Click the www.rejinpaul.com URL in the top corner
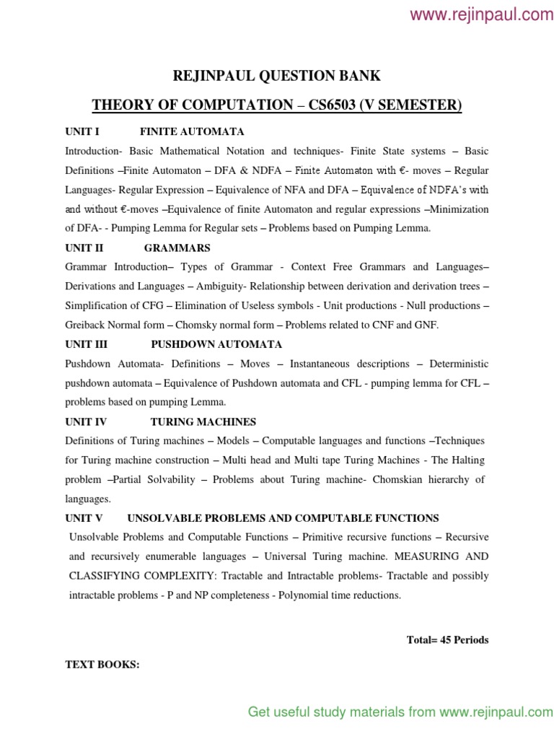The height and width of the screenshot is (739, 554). [482, 14]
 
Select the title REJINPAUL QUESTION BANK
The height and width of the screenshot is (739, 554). [277, 76]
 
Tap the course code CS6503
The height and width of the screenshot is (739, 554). [336, 106]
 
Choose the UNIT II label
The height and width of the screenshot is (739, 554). [84, 248]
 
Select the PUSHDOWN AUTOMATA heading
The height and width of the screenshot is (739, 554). [216, 344]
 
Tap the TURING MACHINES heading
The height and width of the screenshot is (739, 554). [203, 421]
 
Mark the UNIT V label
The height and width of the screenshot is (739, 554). [84, 518]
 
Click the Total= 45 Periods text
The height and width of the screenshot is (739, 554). [447, 640]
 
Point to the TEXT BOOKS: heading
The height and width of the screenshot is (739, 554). [102, 665]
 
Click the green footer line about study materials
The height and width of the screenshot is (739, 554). [400, 712]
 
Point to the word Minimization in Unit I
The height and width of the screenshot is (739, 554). [460, 209]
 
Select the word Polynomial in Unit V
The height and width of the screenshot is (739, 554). [297, 595]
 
